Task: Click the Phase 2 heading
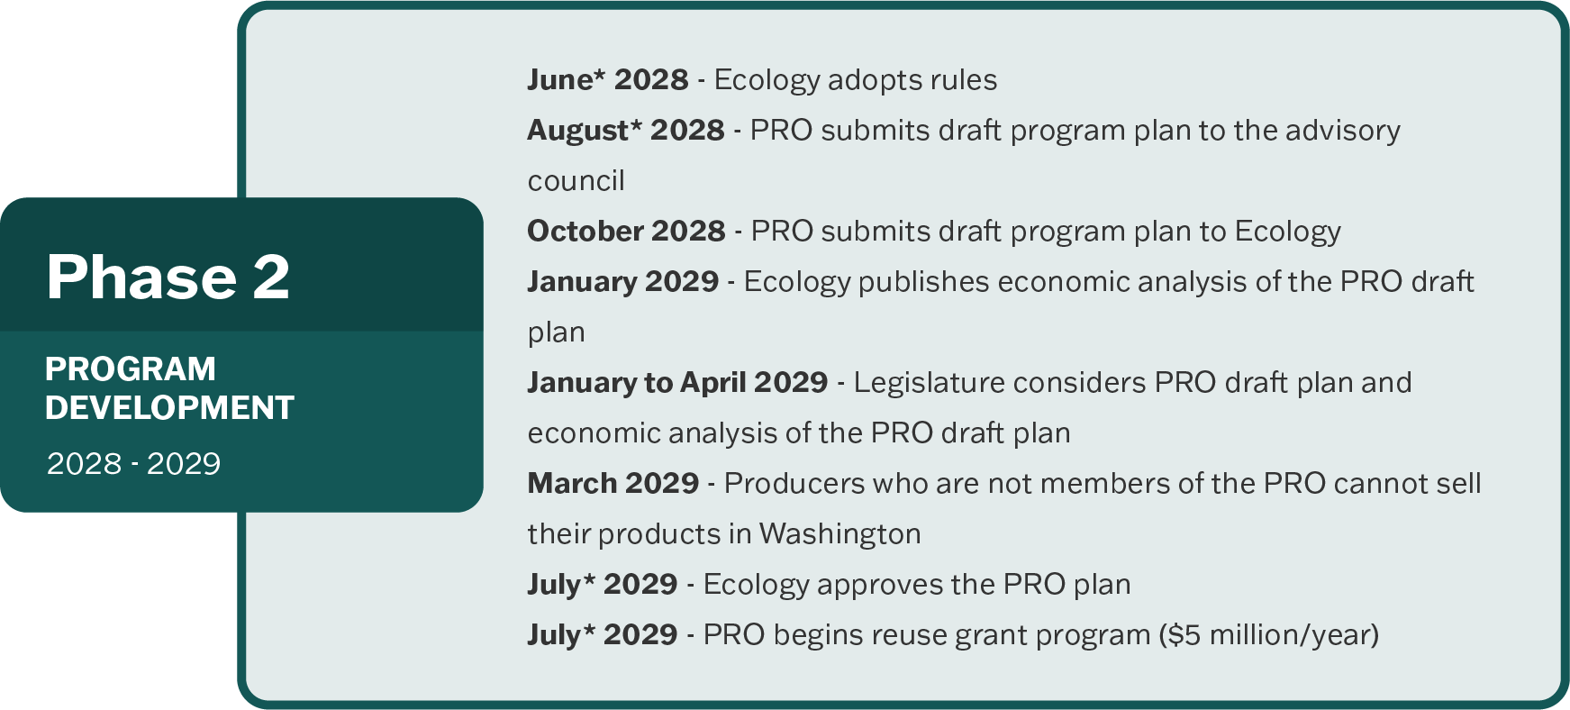pos(168,277)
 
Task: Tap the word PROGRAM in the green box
pos(131,369)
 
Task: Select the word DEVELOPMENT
pos(169,408)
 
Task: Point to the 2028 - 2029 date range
pos(133,464)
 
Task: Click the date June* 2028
pos(608,80)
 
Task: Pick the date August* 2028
pos(626,131)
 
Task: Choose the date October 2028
pos(626,232)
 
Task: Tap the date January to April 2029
pos(677,383)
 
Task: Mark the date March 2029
pos(613,484)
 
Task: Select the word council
pos(576,181)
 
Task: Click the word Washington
pos(840,534)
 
